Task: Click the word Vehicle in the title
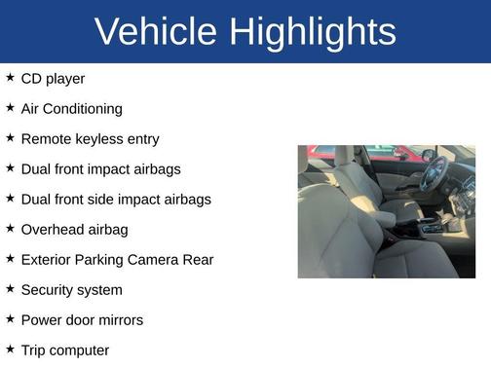click(155, 32)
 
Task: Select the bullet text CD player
click(53, 79)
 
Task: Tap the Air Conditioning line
click(71, 109)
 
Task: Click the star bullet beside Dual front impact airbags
click(10, 168)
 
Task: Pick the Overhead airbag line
click(74, 230)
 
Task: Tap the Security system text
click(71, 290)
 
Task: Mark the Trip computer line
click(64, 350)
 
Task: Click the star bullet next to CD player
click(10, 78)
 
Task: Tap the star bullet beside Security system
click(10, 289)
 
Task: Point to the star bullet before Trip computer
click(10, 350)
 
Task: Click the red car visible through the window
click(321, 153)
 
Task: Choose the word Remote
click(46, 139)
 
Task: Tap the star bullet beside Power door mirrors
click(10, 319)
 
